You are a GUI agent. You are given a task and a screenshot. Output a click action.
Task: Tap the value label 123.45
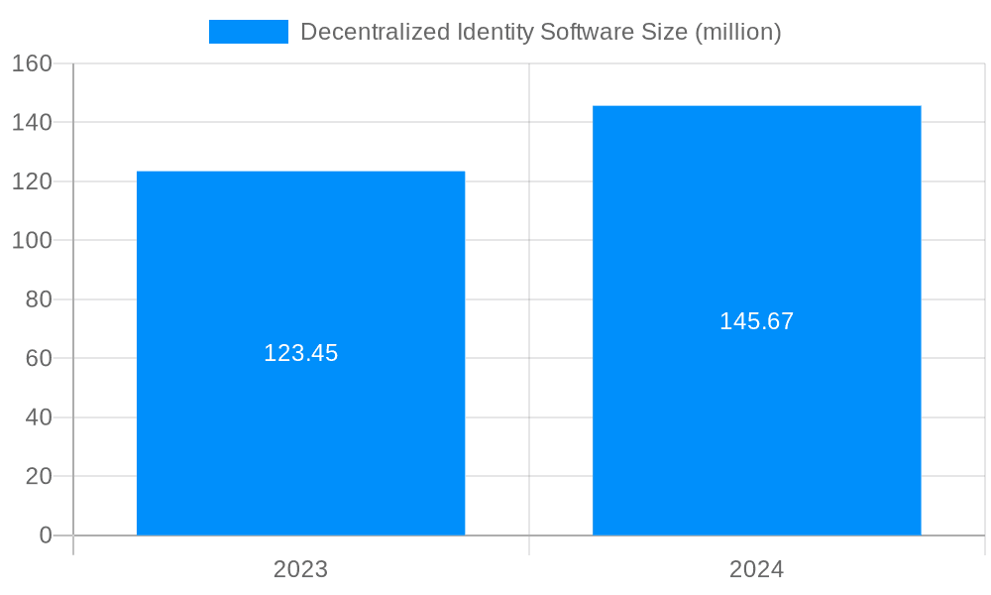pyautogui.click(x=300, y=353)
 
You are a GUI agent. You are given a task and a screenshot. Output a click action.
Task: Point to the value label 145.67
pyautogui.click(x=756, y=321)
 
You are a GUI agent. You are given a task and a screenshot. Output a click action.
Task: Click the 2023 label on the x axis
pyautogui.click(x=300, y=569)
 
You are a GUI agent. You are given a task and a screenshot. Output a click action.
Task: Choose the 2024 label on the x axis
pyautogui.click(x=756, y=569)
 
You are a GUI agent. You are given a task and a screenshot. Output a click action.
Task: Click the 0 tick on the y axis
pyautogui.click(x=45, y=535)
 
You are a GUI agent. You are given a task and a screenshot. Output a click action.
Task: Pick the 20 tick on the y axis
pyautogui.click(x=39, y=476)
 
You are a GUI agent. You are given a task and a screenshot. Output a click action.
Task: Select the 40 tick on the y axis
pyautogui.click(x=39, y=417)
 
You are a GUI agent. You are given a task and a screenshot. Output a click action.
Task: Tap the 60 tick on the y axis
pyautogui.click(x=39, y=358)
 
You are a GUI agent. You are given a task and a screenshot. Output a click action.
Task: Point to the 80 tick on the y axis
pyautogui.click(x=39, y=299)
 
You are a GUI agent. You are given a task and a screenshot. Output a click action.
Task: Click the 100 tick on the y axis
pyautogui.click(x=33, y=240)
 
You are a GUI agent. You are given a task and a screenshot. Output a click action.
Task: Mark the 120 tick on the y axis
pyautogui.click(x=33, y=181)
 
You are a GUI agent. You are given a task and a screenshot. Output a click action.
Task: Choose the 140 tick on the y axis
pyautogui.click(x=33, y=122)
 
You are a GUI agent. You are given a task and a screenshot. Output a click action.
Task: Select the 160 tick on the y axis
pyautogui.click(x=33, y=63)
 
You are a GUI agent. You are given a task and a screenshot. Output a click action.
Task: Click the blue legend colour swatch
pyautogui.click(x=248, y=32)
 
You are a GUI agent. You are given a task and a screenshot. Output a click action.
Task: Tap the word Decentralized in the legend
pyautogui.click(x=363, y=32)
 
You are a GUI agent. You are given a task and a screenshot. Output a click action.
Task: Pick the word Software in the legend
pyautogui.click(x=585, y=32)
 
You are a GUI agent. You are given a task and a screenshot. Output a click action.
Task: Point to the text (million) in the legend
pyautogui.click(x=738, y=32)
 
